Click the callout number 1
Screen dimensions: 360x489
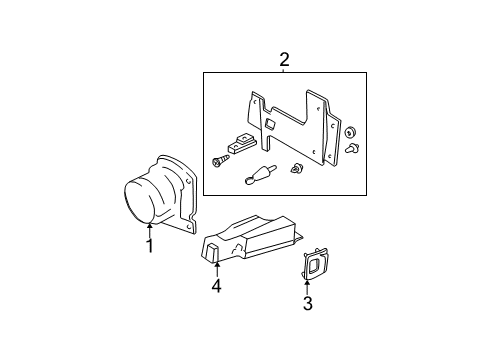[x=150, y=246]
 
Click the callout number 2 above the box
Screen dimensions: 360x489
[x=284, y=61]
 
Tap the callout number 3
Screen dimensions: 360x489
[x=307, y=304]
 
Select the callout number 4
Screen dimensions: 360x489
[x=216, y=287]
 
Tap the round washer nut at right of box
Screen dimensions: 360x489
[x=350, y=133]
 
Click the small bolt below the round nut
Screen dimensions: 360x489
[x=351, y=150]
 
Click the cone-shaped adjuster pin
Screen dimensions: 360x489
[x=259, y=175]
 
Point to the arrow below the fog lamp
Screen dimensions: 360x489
[x=150, y=229]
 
